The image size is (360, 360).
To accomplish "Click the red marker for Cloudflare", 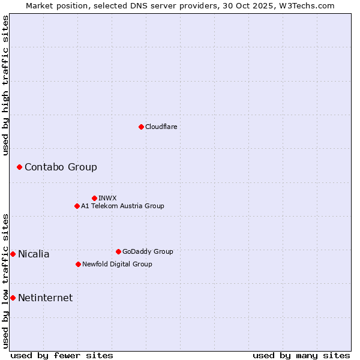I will [141, 127].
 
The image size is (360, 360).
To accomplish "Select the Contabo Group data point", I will [19, 167].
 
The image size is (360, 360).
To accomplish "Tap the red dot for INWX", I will [94, 198].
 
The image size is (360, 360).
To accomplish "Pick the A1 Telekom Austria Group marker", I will [77, 206].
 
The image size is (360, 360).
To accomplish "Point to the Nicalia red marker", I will [13, 254].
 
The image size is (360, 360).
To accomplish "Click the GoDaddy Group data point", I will [118, 251].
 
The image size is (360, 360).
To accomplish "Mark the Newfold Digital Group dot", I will [78, 264].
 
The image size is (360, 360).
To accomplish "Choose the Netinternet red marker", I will [13, 298].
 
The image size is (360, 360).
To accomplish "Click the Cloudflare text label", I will [161, 127].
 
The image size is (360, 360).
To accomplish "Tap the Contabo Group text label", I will [61, 167].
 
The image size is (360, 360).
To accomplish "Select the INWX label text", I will [107, 198].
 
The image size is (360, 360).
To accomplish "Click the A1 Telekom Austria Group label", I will [122, 206].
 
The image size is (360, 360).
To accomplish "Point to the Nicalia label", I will [34, 254].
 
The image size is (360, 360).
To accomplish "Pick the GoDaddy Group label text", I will [148, 251].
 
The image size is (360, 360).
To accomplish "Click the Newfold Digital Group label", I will [117, 264].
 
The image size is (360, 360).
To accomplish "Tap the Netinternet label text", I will [45, 298].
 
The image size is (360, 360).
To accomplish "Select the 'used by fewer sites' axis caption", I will [62, 355].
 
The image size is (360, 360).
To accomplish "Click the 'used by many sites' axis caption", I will [301, 355].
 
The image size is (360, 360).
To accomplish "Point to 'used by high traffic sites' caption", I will [5, 85].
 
